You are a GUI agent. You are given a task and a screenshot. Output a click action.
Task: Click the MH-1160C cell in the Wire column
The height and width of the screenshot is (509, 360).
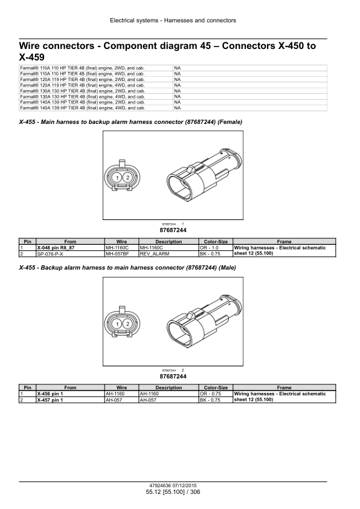point(121,248)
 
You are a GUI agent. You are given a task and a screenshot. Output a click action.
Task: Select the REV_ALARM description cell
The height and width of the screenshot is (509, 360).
point(169,254)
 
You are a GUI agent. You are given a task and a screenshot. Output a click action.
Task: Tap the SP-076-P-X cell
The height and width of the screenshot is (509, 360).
point(71,254)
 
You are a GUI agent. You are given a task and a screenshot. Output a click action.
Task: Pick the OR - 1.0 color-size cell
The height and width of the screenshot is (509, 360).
point(216,248)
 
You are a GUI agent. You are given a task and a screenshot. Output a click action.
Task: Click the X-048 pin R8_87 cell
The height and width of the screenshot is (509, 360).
point(71,248)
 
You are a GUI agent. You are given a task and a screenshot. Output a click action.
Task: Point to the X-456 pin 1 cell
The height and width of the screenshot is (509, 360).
point(71,394)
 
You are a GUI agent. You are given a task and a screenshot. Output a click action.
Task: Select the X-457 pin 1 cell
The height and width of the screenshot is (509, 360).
point(71,400)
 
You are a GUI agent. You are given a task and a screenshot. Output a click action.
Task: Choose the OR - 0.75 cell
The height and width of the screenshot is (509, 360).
point(216,394)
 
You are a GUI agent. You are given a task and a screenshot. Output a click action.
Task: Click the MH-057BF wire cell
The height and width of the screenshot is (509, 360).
point(121,254)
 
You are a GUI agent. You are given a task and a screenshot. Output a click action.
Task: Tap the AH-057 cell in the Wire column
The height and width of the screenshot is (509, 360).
point(121,400)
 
